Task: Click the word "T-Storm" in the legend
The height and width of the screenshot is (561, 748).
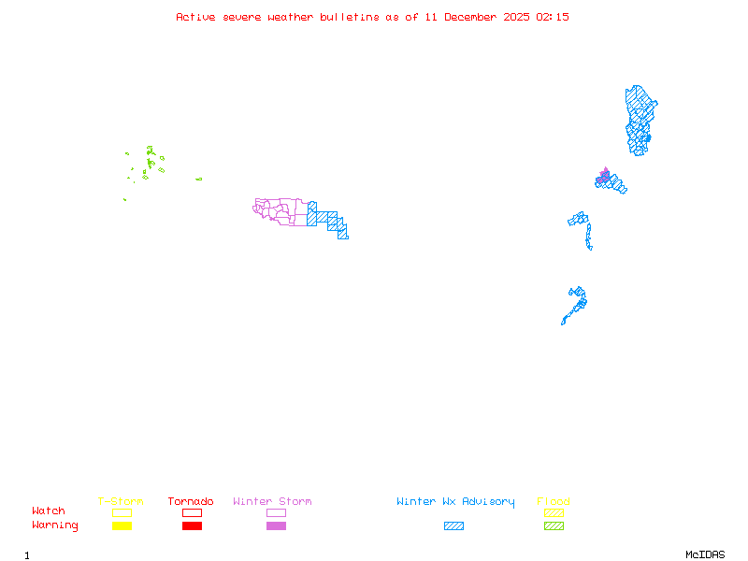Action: click(121, 502)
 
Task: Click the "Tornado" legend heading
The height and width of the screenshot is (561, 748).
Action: click(191, 502)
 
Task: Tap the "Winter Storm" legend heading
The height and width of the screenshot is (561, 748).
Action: click(272, 502)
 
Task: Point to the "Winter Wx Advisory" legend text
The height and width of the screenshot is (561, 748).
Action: click(455, 502)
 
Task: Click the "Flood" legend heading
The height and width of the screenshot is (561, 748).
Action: click(554, 502)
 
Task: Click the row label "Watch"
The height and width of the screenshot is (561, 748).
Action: click(49, 511)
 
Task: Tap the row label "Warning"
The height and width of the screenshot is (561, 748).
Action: click(55, 525)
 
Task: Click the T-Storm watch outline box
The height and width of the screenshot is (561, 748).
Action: click(122, 512)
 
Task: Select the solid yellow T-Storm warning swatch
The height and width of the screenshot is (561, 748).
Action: click(122, 526)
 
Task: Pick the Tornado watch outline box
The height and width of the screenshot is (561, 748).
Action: click(192, 512)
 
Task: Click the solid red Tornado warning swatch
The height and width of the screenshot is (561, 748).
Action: click(192, 526)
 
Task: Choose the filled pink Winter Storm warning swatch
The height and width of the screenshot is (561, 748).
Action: click(276, 526)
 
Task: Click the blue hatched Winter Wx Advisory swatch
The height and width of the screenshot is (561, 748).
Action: click(453, 526)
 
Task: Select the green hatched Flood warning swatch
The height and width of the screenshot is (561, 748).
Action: click(554, 526)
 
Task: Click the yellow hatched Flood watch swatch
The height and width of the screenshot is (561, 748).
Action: click(554, 512)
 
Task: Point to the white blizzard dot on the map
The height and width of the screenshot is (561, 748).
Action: click(593, 248)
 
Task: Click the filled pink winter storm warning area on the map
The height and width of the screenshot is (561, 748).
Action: click(605, 175)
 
